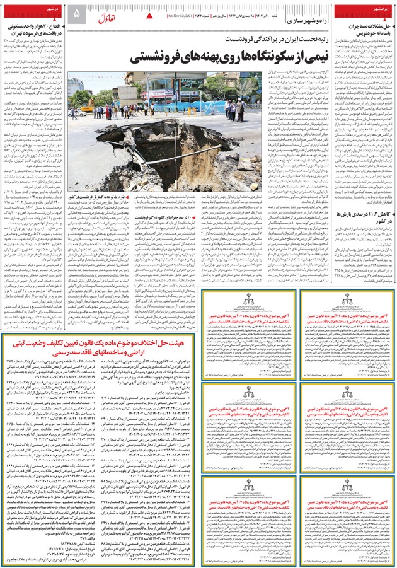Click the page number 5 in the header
pyautogui.click(x=77, y=13)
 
